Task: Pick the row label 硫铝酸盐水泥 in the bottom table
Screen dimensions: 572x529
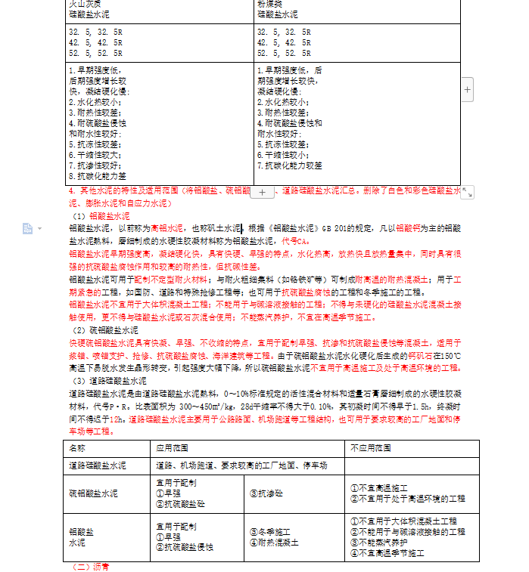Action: coord(93,493)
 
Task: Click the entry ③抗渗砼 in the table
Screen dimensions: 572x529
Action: coord(266,493)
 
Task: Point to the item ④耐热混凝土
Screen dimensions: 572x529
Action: coord(273,543)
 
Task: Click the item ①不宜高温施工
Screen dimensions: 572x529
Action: coord(380,488)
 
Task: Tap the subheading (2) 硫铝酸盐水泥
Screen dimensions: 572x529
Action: coord(105,330)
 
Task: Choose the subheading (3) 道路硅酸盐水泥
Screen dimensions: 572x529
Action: coord(110,381)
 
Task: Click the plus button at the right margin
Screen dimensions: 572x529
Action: coord(467,90)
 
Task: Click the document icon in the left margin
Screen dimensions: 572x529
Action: coord(28,228)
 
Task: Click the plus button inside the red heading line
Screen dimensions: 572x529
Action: coord(262,193)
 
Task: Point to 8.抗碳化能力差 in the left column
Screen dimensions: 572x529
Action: coord(97,175)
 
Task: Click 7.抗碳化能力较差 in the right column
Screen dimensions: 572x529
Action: coord(289,165)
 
